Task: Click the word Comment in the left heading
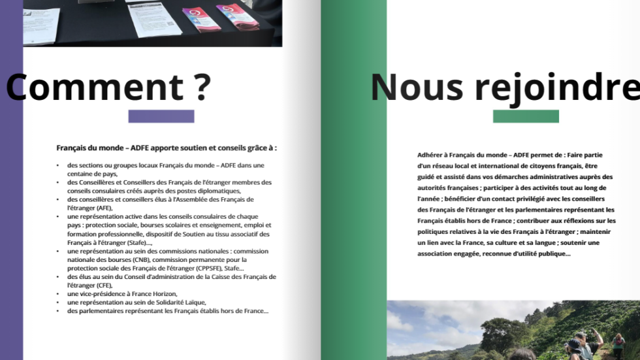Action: click(95, 87)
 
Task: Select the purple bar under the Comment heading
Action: click(161, 116)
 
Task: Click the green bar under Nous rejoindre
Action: click(526, 116)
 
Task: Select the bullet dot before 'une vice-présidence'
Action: click(57, 294)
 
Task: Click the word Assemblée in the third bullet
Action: click(195, 199)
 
